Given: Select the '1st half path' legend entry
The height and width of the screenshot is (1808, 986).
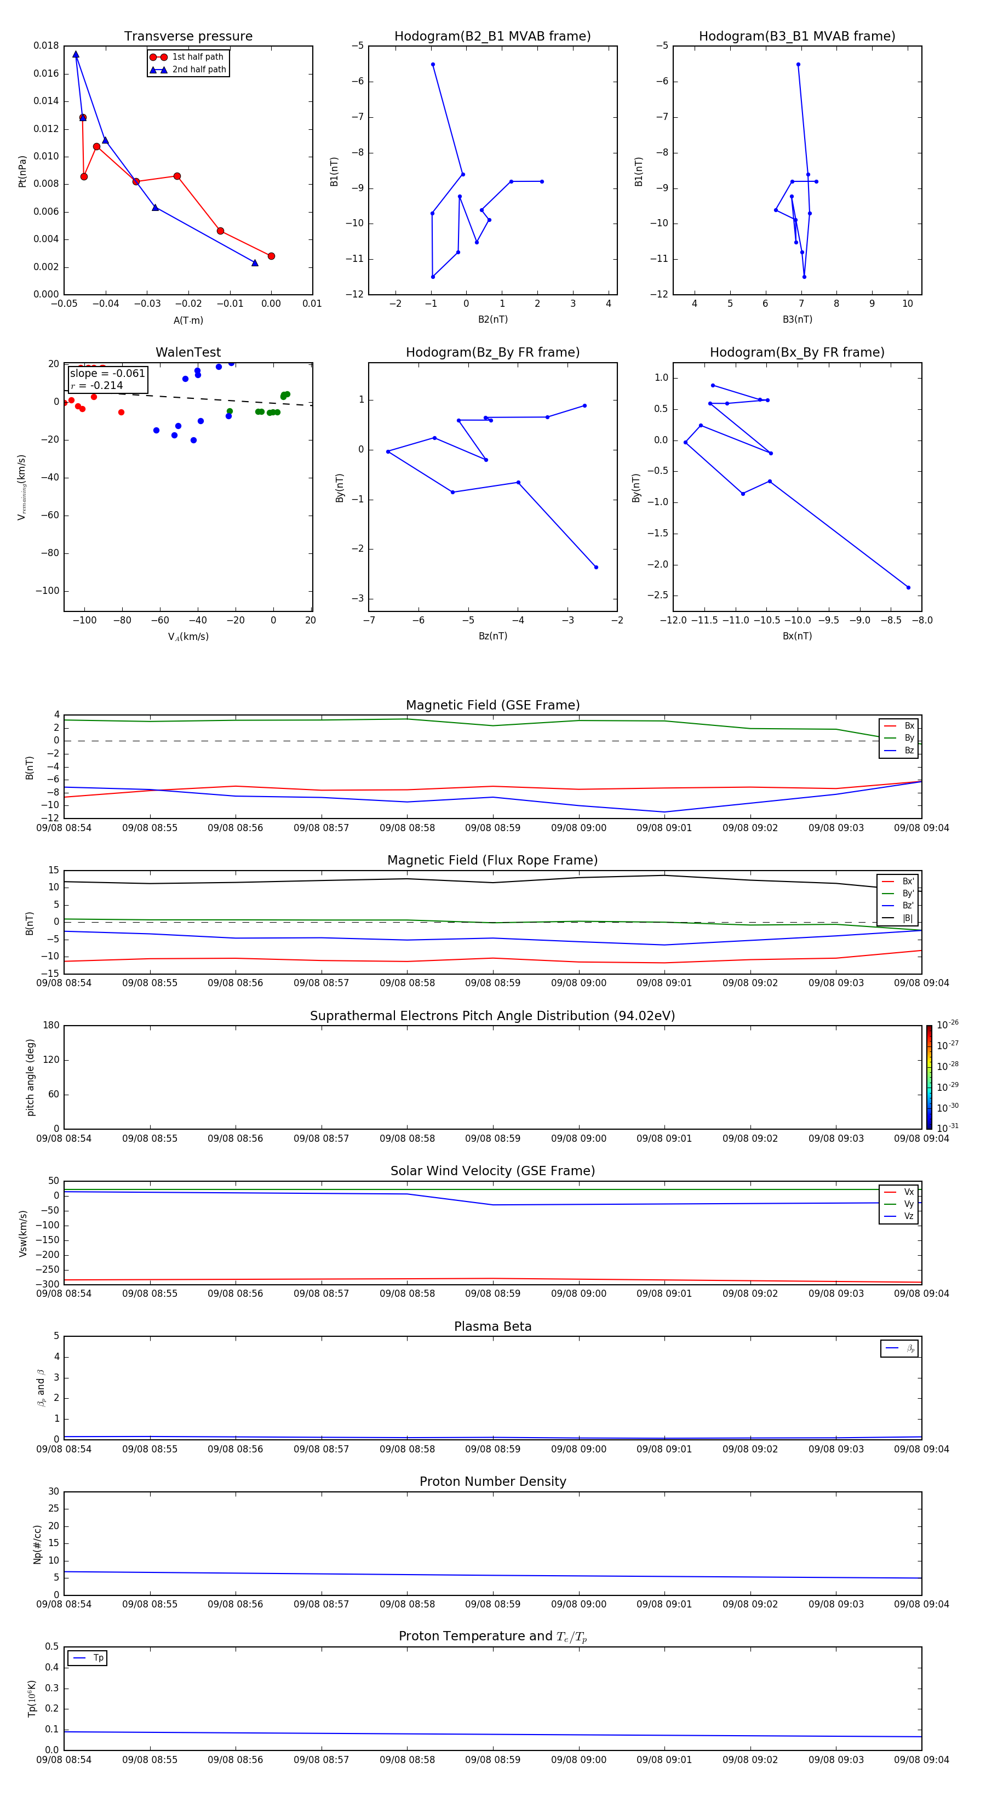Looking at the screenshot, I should (197, 57).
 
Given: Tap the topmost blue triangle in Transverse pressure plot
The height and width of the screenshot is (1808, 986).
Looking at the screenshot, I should (76, 55).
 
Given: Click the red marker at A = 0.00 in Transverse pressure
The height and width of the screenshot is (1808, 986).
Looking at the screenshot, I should (271, 256).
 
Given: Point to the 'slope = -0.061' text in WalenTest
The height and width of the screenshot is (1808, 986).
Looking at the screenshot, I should (107, 374).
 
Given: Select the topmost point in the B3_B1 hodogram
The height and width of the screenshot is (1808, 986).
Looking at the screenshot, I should (798, 65).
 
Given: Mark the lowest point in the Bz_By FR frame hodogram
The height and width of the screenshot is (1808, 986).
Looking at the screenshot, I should (596, 567).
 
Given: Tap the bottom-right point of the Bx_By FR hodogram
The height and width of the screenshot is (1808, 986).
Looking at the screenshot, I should (908, 587).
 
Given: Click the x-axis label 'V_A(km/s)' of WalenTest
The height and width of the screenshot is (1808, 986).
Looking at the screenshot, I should (188, 637).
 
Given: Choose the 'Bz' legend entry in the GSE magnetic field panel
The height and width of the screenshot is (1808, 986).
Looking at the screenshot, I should (909, 750).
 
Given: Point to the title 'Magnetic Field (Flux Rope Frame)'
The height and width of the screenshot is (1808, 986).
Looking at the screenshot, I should (492, 861).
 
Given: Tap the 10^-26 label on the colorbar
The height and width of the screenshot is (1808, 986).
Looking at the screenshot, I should (948, 1025).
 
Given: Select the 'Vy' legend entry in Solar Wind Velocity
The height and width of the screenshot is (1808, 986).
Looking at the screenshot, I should (909, 1204).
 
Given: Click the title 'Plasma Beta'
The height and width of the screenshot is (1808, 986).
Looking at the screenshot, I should (492, 1326).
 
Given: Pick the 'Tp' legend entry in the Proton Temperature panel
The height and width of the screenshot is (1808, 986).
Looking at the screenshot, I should (98, 1658).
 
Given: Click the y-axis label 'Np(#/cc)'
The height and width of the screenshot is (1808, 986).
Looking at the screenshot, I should (38, 1544).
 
